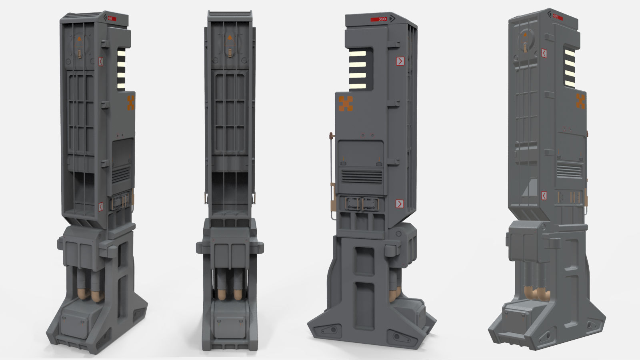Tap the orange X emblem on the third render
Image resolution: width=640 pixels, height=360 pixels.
346,104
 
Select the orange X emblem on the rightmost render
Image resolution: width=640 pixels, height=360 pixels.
581,101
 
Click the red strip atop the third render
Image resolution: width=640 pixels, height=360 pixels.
378,19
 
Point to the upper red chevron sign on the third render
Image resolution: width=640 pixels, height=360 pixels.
400,61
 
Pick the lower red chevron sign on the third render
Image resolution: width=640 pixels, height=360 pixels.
399,204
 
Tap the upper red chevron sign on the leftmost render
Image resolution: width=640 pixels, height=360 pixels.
101,62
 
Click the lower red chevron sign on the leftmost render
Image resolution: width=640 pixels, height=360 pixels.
101,206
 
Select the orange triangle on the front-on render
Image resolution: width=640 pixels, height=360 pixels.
230,39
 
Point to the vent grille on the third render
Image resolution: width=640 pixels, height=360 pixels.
361,176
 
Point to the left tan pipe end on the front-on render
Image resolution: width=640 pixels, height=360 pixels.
222,295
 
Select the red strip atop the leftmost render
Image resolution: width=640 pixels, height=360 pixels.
112,18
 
